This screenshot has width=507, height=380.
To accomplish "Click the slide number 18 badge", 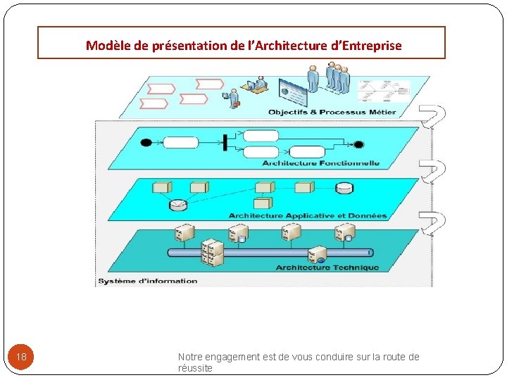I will [x=21, y=357].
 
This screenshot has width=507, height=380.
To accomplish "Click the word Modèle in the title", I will [x=108, y=46].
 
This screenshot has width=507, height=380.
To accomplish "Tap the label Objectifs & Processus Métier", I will [x=332, y=112].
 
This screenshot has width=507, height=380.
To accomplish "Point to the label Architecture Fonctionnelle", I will [x=320, y=163].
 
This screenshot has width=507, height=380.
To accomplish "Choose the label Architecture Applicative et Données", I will [x=308, y=215].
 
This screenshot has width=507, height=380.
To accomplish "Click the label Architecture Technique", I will [x=327, y=267].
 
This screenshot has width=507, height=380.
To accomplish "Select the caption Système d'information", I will [x=148, y=281].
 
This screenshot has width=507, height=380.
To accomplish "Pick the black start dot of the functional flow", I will [x=146, y=143].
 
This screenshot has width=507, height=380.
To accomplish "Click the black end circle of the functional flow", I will [x=358, y=145].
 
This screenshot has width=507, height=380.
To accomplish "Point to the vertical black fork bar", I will [x=225, y=142].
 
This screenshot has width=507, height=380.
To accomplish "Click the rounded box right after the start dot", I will [x=181, y=143].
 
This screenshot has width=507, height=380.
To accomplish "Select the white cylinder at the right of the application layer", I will [x=344, y=188].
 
